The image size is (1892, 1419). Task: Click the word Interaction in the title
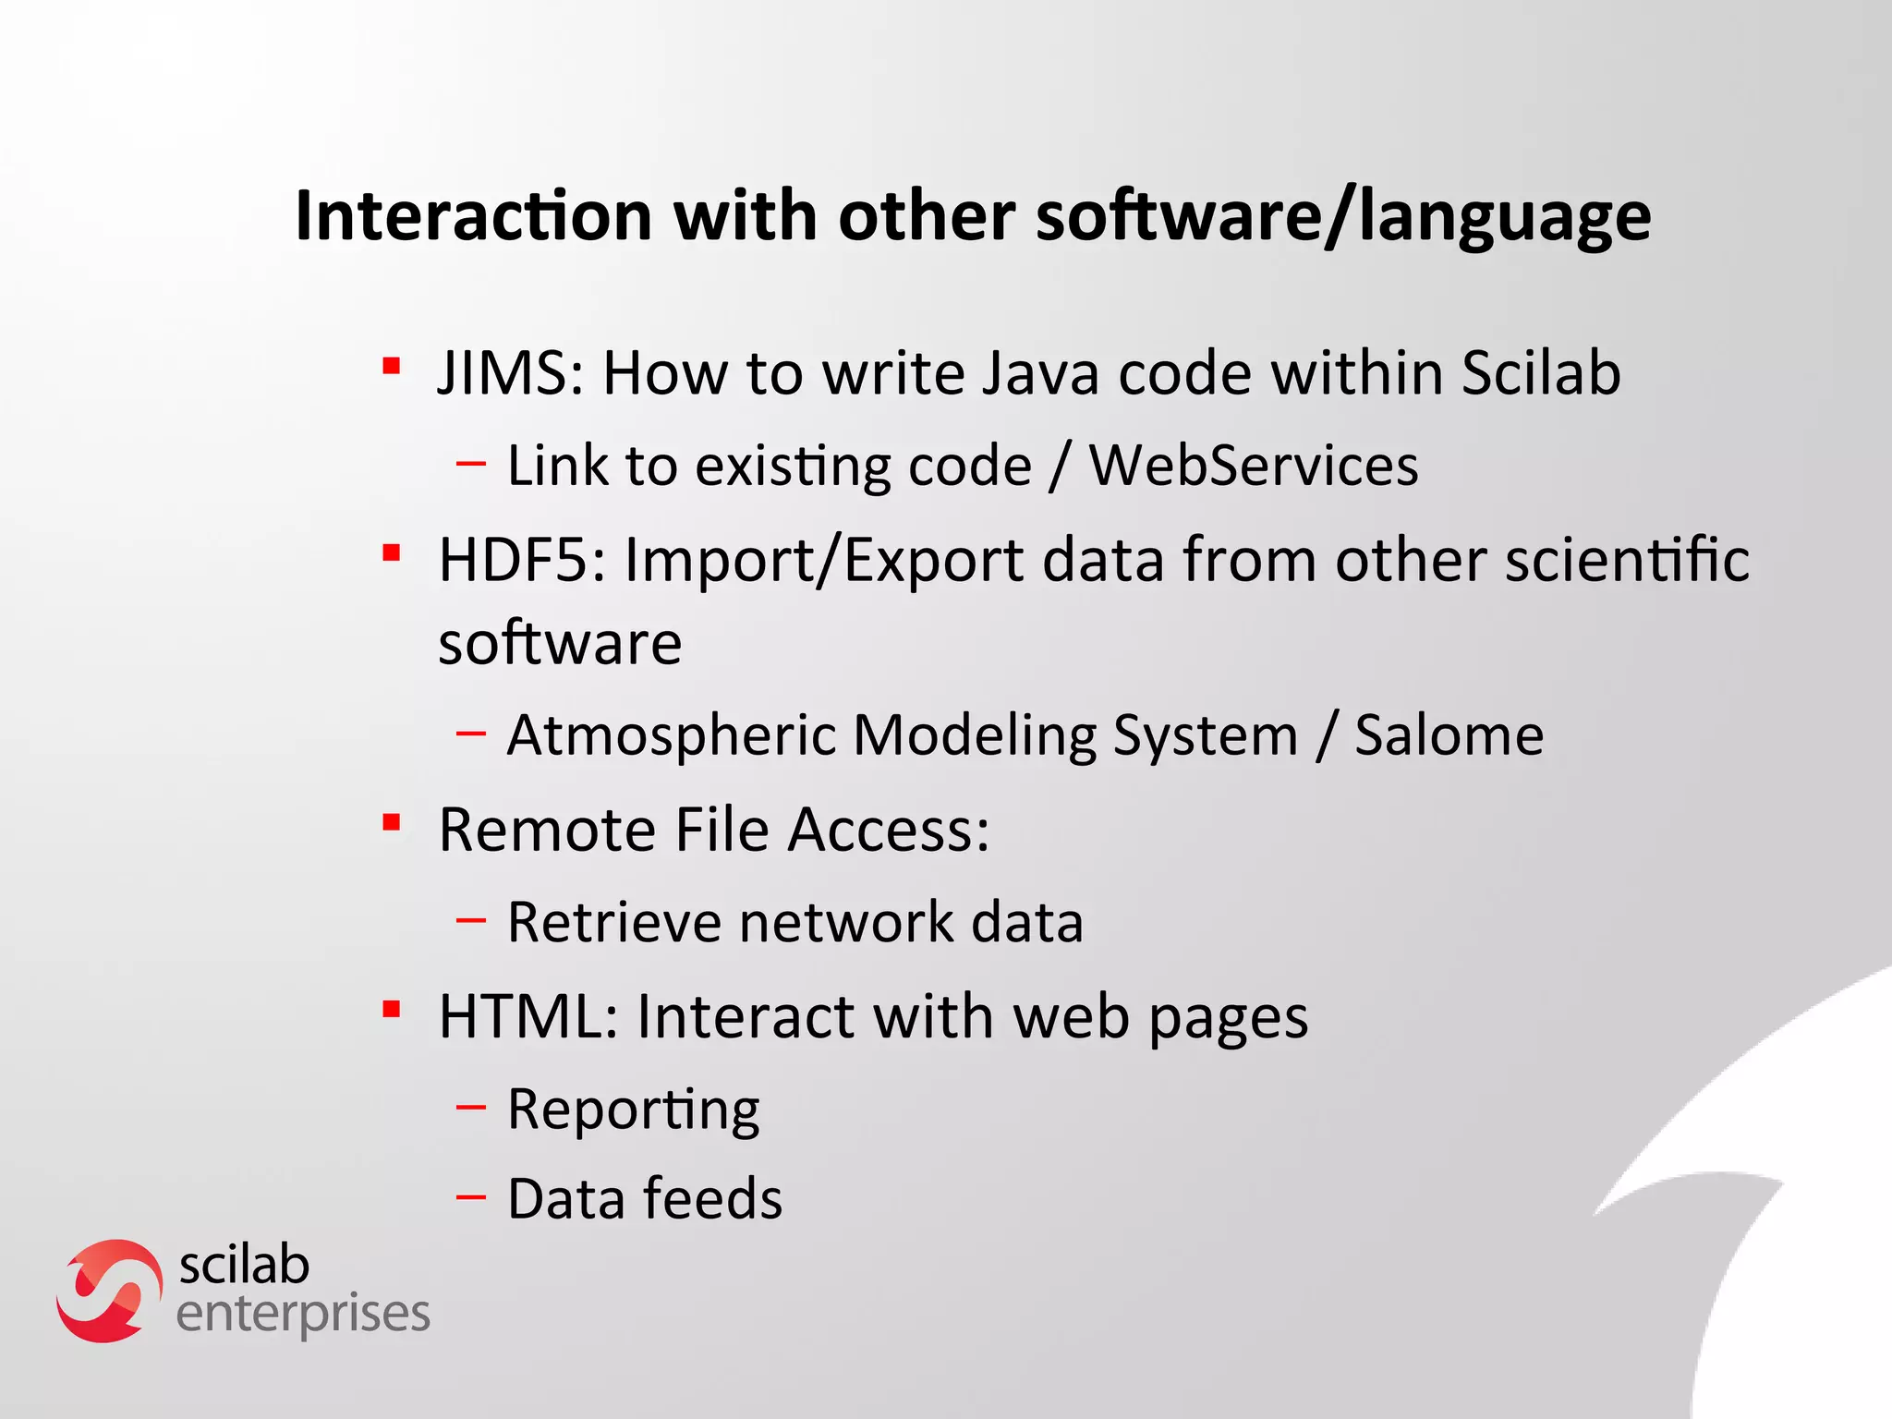pos(473,216)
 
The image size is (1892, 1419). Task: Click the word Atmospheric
pos(672,737)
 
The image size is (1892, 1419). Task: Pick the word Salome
pos(1449,735)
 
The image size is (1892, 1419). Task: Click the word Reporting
pos(634,1110)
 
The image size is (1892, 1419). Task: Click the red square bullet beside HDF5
pos(392,553)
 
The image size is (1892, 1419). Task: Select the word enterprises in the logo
pos(303,1316)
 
